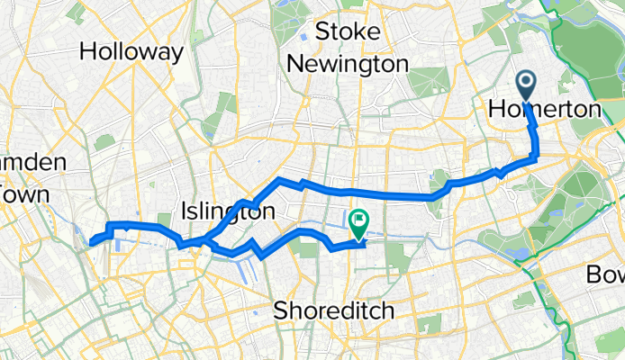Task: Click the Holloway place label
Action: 131,52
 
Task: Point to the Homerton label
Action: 543,110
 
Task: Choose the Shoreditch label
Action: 333,310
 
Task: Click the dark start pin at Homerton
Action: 525,88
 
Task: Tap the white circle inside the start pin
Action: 525,84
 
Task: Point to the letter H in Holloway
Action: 87,52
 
